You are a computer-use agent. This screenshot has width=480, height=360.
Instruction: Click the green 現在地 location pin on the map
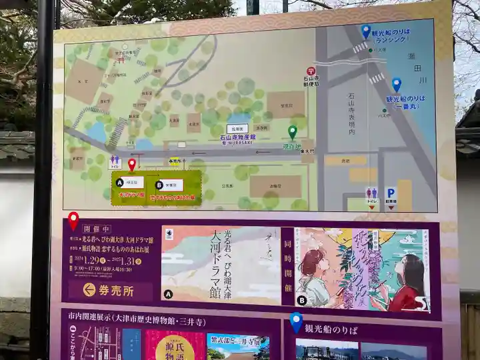(292, 131)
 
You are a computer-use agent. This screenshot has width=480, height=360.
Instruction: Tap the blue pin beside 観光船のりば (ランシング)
(366, 31)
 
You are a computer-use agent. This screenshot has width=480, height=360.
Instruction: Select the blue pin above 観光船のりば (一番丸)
(397, 85)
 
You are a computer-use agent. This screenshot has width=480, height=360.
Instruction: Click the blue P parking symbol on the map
(391, 193)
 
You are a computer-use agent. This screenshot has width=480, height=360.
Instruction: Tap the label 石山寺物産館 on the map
(237, 138)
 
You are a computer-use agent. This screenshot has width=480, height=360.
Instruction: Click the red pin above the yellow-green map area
(132, 164)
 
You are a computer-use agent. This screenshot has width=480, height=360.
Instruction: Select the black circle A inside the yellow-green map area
(119, 182)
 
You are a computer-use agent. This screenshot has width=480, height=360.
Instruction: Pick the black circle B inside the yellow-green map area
(159, 185)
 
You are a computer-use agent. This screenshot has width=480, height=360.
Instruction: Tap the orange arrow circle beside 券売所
(89, 289)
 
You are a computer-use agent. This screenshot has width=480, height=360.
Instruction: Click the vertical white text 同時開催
(288, 265)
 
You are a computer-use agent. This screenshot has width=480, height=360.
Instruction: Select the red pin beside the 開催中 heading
(73, 219)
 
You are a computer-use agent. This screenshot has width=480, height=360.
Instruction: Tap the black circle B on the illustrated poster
(302, 301)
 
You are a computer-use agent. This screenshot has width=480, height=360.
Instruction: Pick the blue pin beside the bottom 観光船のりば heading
(296, 322)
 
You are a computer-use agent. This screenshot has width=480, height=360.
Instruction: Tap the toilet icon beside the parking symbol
(371, 193)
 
